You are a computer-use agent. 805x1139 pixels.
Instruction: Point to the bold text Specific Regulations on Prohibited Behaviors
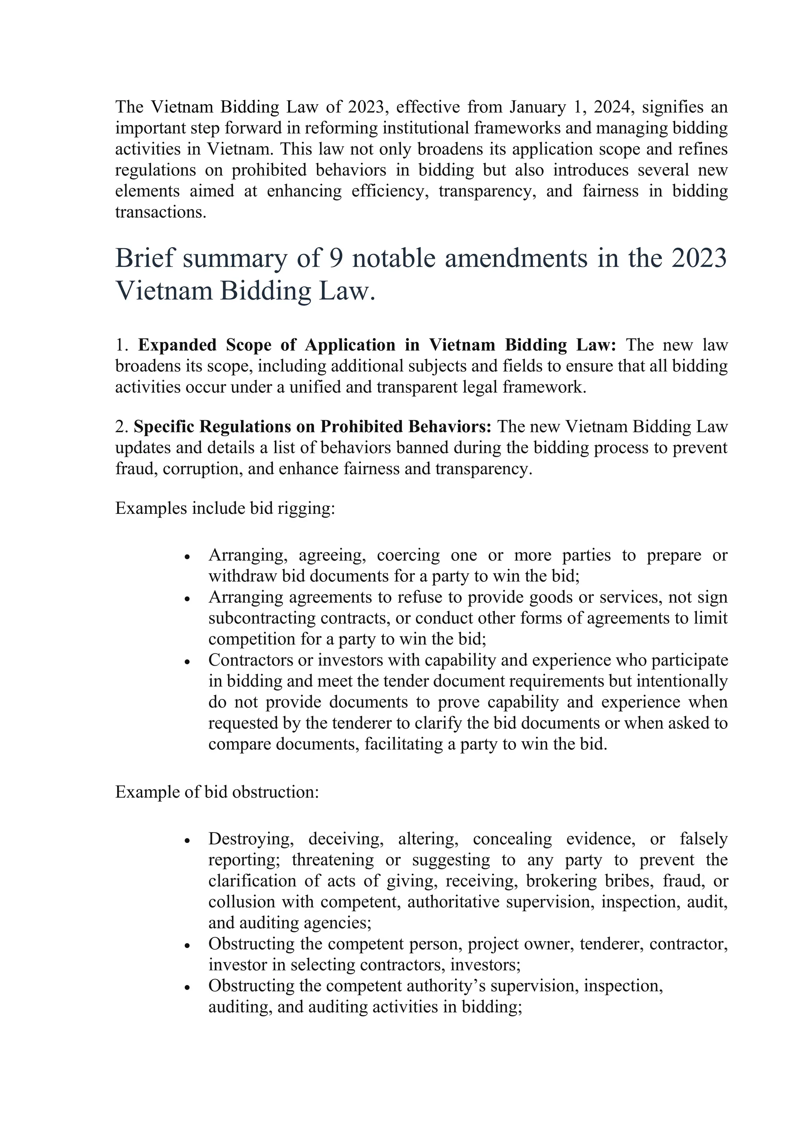[x=312, y=427]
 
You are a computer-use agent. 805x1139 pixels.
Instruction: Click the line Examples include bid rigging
[x=225, y=508]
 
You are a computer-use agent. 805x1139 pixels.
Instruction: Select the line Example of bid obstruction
[x=217, y=792]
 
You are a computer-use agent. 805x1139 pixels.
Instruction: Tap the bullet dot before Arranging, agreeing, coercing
[x=187, y=557]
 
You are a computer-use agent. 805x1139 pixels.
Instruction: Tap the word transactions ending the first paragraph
[x=160, y=212]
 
